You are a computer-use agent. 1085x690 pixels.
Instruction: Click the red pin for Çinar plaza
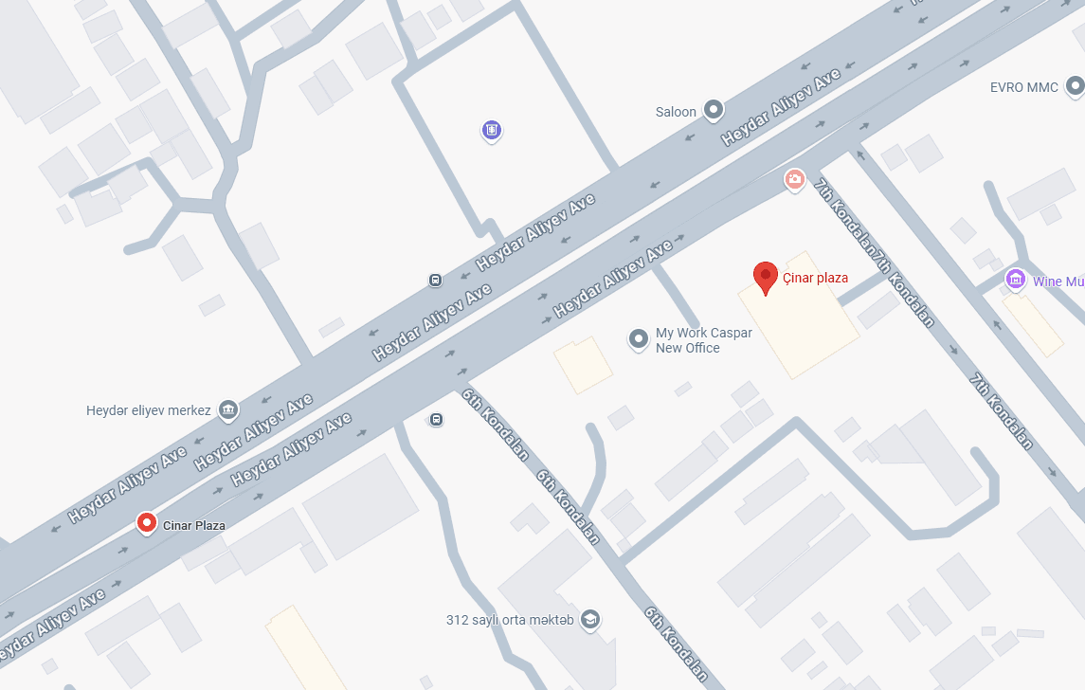(x=766, y=277)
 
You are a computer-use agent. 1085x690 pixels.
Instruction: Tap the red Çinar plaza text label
(x=815, y=279)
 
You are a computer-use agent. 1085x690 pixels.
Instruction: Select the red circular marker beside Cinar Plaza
(x=147, y=522)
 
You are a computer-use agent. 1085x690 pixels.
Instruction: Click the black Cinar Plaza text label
(x=194, y=525)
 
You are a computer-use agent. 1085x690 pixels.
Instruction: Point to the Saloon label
(x=676, y=112)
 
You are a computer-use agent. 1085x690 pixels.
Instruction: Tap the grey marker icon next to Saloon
(x=714, y=111)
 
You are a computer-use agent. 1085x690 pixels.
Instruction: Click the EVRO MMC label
(x=1023, y=87)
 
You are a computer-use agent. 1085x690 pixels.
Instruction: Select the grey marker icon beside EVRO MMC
(x=1075, y=87)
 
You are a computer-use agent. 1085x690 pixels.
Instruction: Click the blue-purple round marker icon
(x=491, y=130)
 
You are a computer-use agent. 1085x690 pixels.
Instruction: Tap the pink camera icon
(x=794, y=178)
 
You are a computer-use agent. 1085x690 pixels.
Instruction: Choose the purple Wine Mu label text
(x=1058, y=281)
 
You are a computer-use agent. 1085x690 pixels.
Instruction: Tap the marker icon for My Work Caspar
(x=640, y=338)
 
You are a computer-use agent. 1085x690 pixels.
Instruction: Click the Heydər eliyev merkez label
(x=149, y=410)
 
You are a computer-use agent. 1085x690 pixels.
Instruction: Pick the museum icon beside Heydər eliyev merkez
(x=227, y=410)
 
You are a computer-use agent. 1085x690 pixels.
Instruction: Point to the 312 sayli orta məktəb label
(x=510, y=621)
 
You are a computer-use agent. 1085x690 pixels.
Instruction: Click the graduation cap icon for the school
(x=591, y=620)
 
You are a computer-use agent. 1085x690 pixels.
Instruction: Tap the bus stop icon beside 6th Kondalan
(x=436, y=419)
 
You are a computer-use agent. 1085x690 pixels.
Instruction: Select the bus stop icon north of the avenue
(x=435, y=280)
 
